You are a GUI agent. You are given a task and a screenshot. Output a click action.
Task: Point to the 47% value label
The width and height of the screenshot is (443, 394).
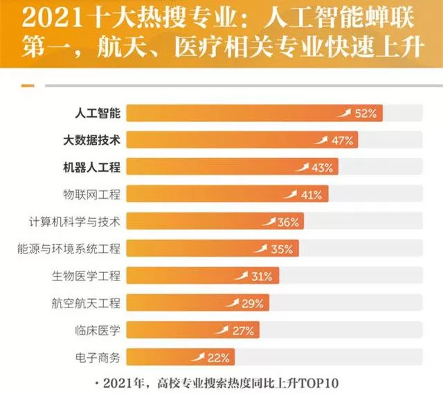point(343,141)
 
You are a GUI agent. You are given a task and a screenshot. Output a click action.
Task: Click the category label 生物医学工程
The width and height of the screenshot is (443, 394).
point(87,276)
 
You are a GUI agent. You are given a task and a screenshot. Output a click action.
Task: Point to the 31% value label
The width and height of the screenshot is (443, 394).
point(261,276)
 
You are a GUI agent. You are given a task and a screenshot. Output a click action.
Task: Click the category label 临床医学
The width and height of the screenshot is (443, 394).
point(96,330)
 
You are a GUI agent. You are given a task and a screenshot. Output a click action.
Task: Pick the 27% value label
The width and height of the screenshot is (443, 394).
point(243,330)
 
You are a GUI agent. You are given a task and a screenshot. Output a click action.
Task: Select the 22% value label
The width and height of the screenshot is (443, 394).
point(218,357)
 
